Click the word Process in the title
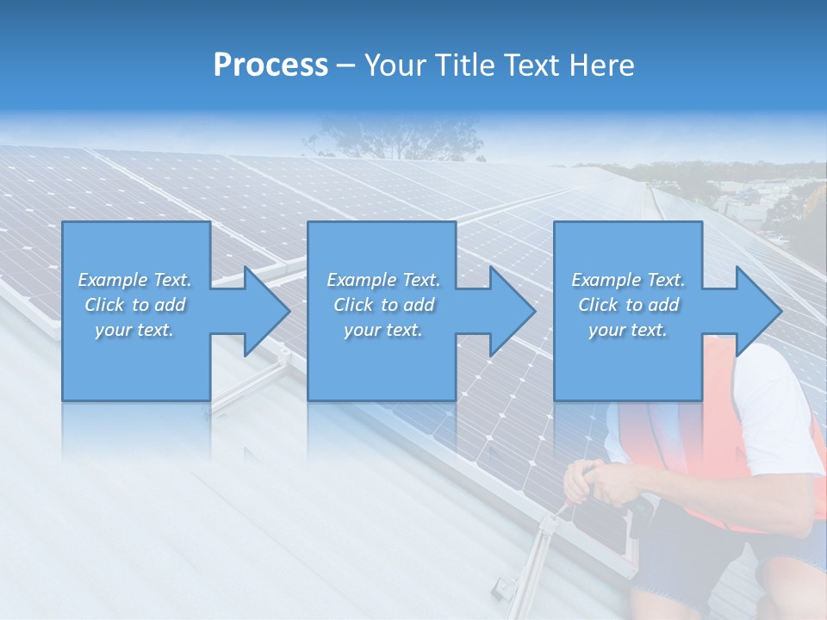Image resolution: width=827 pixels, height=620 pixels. pos(270,65)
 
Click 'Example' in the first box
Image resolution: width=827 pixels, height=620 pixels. pos(112,280)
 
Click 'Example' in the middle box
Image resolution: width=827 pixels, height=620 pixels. pos(361,280)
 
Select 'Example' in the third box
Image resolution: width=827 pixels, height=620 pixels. pos(606,280)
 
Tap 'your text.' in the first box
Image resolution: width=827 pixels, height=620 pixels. pos(134,330)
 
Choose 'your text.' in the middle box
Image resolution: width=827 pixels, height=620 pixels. pos(383,330)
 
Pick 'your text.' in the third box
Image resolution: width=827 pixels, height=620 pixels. pos(628,330)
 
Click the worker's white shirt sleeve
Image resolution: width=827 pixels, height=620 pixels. pos(780,413)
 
